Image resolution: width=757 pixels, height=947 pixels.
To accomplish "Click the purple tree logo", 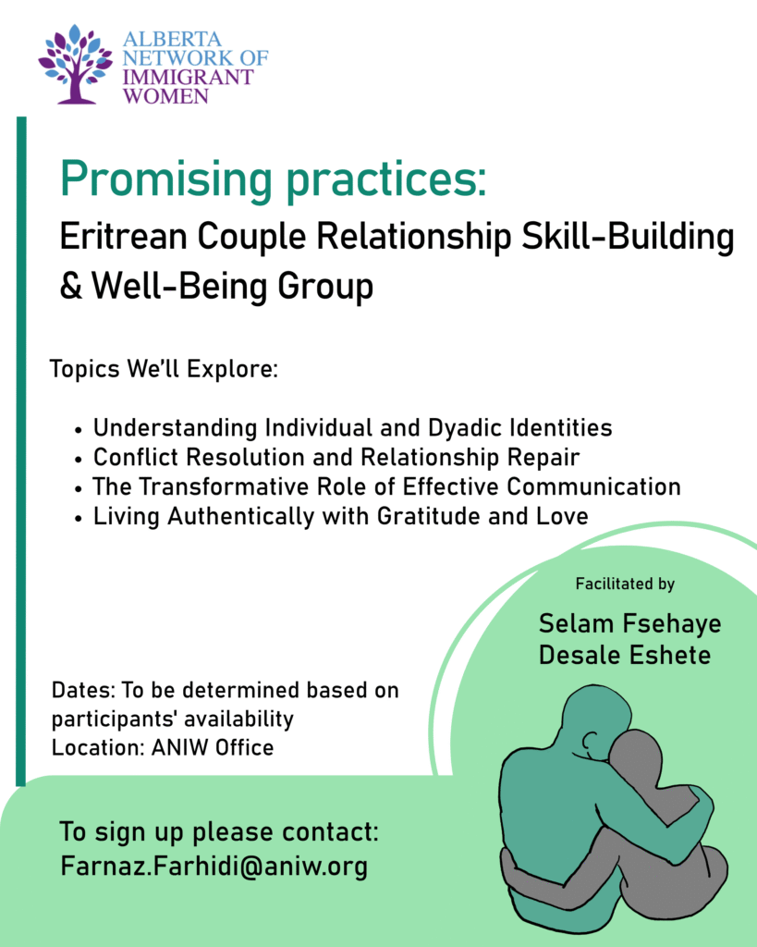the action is click(x=76, y=64).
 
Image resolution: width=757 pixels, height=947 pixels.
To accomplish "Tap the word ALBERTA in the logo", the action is click(x=172, y=39).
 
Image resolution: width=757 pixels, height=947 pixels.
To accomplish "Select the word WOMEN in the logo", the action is click(x=166, y=96).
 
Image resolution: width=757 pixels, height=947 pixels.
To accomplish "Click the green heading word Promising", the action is click(x=166, y=180).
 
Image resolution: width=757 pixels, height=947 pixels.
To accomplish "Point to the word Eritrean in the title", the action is click(x=123, y=236).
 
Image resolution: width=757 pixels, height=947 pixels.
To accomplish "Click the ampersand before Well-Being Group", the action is click(x=70, y=286).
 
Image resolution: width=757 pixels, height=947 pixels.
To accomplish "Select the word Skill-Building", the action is click(x=628, y=237).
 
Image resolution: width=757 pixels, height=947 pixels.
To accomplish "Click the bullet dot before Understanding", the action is click(x=78, y=431).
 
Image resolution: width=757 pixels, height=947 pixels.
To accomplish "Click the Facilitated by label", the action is click(x=625, y=584).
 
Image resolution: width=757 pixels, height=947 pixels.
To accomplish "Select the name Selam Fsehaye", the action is click(x=629, y=624).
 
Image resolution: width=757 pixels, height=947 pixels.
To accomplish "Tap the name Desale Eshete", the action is click(x=624, y=656).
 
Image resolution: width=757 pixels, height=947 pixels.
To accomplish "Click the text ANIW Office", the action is click(x=212, y=747).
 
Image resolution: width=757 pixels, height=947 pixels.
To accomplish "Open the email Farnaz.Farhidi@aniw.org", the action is click(x=214, y=867).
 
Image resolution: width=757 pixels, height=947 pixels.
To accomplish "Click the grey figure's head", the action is click(x=637, y=760).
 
